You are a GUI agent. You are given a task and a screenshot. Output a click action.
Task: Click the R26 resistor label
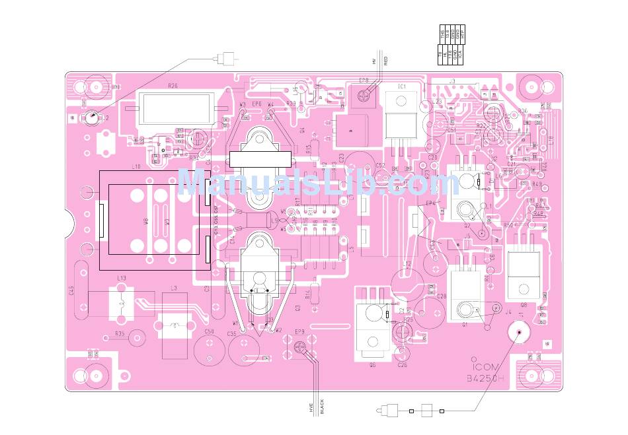pos(173,86)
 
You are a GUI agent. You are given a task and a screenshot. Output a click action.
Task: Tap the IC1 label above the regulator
pos(401,86)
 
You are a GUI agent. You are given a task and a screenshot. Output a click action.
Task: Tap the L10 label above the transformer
pos(136,167)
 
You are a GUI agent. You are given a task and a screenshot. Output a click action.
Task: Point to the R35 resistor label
pos(120,334)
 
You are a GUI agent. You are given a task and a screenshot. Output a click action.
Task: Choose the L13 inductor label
pos(121,279)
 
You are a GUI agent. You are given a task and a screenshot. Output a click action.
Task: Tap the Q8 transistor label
pos(523,305)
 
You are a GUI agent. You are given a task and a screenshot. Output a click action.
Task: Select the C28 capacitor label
pos(442,296)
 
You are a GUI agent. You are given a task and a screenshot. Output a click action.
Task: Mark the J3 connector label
pos(452,81)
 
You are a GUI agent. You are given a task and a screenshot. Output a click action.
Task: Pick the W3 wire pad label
pos(243,105)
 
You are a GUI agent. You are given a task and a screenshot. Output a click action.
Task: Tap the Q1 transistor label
pos(465,325)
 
